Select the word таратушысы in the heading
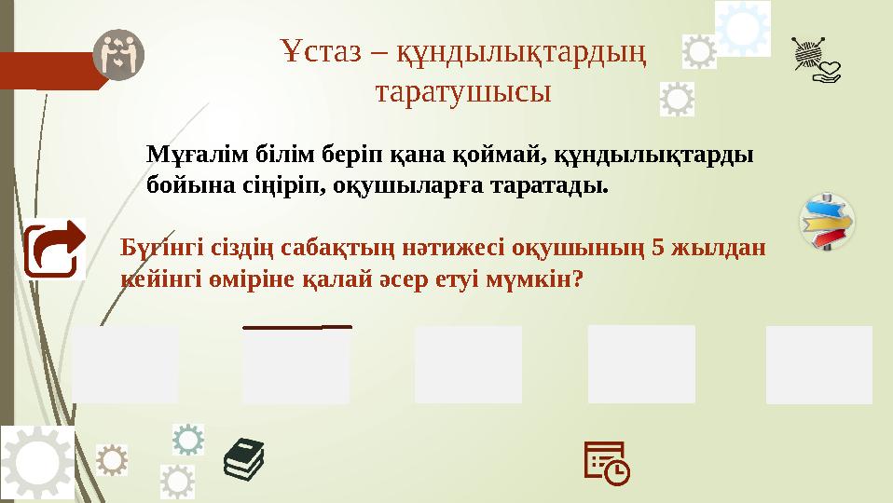[x=462, y=92]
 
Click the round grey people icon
[x=118, y=53]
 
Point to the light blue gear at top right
[x=743, y=28]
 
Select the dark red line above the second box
[x=296, y=327]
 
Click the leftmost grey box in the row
[x=125, y=364]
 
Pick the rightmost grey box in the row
[x=818, y=364]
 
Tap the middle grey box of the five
[x=468, y=364]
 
